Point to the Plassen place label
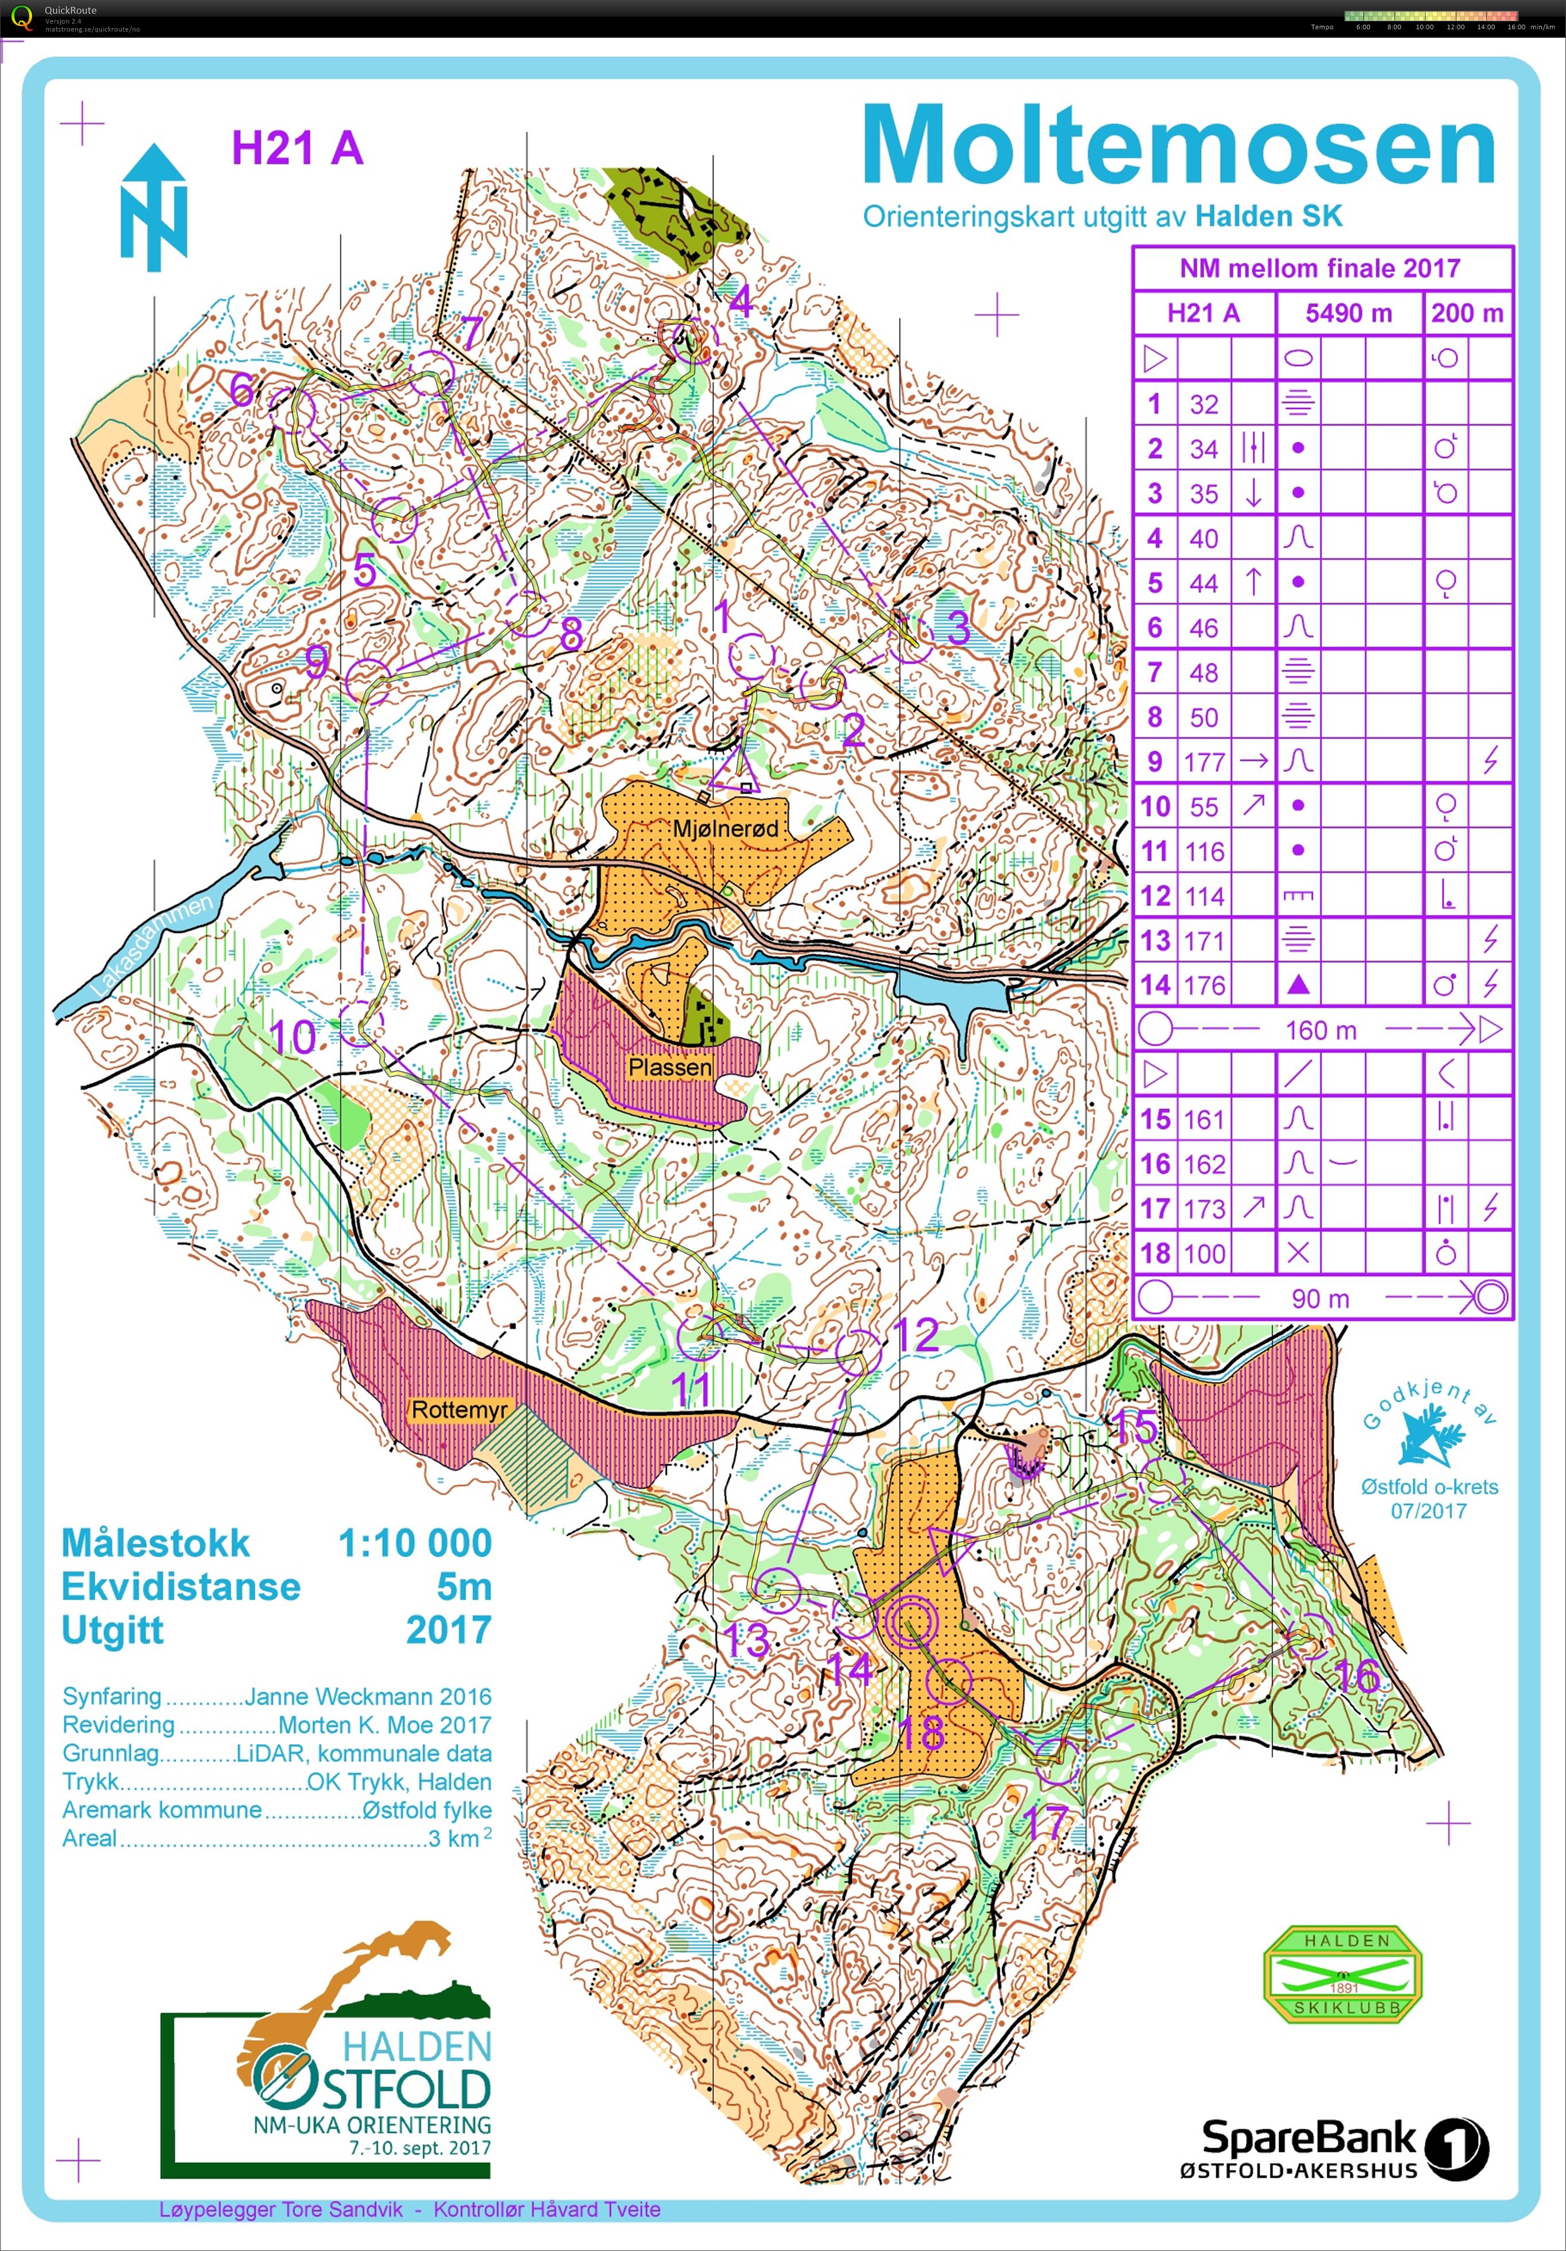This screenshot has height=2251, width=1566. (670, 1067)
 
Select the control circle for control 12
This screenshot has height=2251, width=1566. (858, 1351)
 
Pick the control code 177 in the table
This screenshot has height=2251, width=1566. (1203, 762)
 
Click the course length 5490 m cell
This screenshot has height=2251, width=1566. (1349, 314)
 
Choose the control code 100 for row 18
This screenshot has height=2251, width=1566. (1203, 1254)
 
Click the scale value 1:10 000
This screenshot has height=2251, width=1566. (415, 1542)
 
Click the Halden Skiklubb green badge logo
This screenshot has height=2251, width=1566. (1342, 1973)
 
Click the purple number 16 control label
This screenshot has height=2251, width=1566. (1357, 1676)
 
